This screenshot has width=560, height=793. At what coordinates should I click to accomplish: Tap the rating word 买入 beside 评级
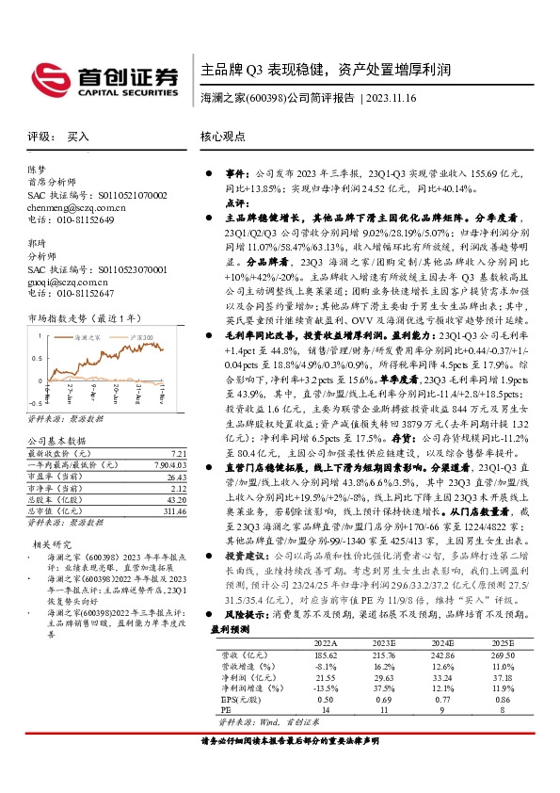point(78,137)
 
